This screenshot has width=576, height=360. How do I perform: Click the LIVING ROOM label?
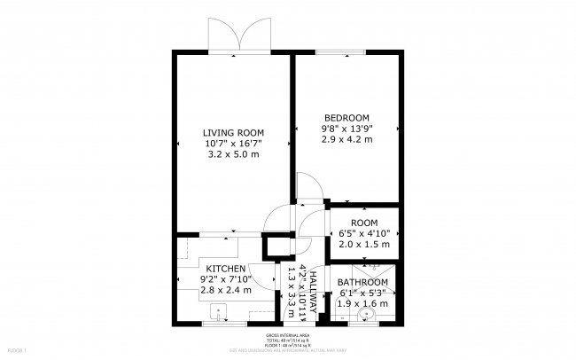pyautogui.click(x=234, y=132)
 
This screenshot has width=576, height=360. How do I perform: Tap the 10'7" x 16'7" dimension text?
pyautogui.click(x=234, y=144)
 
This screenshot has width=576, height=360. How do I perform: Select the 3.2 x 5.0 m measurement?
pyautogui.click(x=234, y=155)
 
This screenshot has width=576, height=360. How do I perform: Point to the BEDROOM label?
pyautogui.click(x=346, y=117)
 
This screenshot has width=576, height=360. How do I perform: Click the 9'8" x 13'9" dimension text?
pyautogui.click(x=346, y=129)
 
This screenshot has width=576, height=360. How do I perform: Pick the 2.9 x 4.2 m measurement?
pyautogui.click(x=346, y=140)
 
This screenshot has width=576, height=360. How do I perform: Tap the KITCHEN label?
pyautogui.click(x=226, y=268)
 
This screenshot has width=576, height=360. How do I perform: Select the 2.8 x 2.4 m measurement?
pyautogui.click(x=226, y=291)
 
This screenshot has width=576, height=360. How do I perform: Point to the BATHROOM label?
pyautogui.click(x=363, y=282)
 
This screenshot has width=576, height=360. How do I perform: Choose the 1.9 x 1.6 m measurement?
pyautogui.click(x=362, y=303)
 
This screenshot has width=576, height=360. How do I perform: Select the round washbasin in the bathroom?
pyautogui.click(x=365, y=314)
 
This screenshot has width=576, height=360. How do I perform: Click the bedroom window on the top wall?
pyautogui.click(x=336, y=52)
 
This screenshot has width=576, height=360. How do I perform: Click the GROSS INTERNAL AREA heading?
pyautogui.click(x=287, y=336)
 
